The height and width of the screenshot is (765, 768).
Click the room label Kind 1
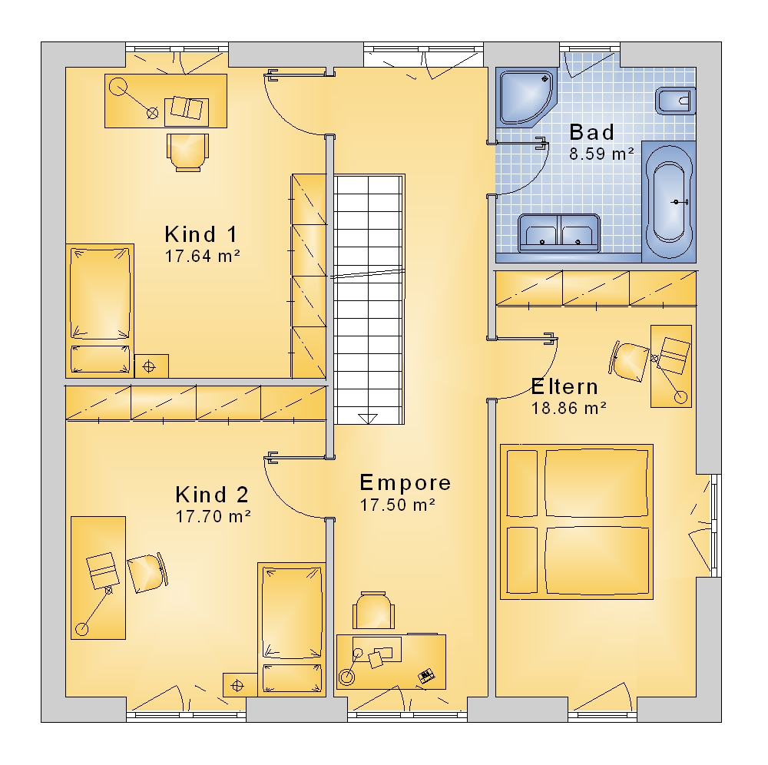click(x=200, y=234)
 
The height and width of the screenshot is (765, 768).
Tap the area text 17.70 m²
click(x=213, y=516)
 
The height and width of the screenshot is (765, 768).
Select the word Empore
click(x=405, y=483)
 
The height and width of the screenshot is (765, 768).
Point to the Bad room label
click(x=591, y=132)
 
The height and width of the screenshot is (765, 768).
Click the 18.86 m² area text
click(x=568, y=408)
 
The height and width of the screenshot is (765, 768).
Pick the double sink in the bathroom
click(x=559, y=233)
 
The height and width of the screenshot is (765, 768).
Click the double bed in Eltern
click(x=577, y=522)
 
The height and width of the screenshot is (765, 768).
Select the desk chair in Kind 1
click(x=187, y=152)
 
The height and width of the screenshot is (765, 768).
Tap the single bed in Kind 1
click(x=100, y=310)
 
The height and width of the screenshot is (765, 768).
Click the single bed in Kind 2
click(x=291, y=629)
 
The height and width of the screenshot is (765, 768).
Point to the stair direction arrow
click(x=368, y=419)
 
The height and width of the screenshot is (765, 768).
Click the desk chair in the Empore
click(x=374, y=611)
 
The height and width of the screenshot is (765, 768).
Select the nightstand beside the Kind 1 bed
click(x=151, y=366)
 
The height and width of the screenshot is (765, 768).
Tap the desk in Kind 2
click(x=98, y=578)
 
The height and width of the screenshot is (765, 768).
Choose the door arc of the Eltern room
click(x=538, y=376)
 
